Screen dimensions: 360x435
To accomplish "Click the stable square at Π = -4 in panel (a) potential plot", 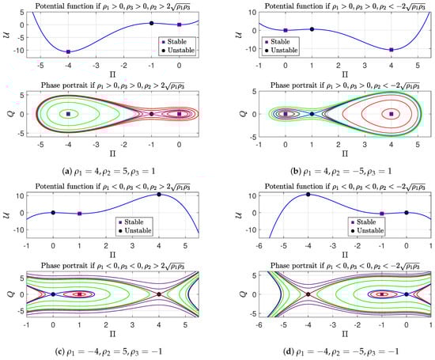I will pos(68,51).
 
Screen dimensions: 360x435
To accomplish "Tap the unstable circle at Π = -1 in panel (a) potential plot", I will pos(151,23).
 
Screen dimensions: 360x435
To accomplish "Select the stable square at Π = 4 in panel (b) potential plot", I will pos(391,50).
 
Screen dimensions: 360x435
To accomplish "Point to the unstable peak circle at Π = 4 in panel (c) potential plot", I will pos(159,194).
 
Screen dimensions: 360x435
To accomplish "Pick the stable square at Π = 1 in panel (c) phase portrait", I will pos(80,294).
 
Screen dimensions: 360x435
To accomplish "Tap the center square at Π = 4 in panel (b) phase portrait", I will pos(391,114).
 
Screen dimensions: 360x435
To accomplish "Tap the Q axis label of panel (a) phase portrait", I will pos(9,114).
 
